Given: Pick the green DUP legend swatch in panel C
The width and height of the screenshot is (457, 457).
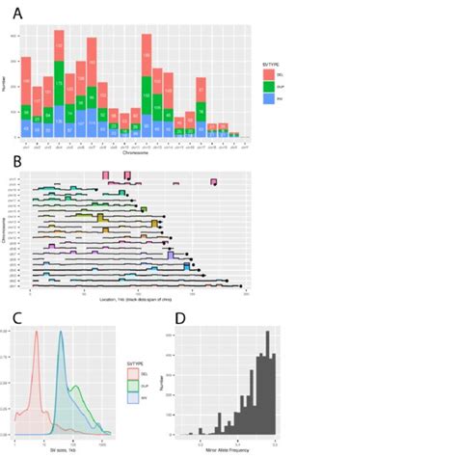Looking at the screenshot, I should (134, 386).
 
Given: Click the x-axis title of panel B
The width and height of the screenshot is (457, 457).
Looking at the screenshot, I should (140, 300).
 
